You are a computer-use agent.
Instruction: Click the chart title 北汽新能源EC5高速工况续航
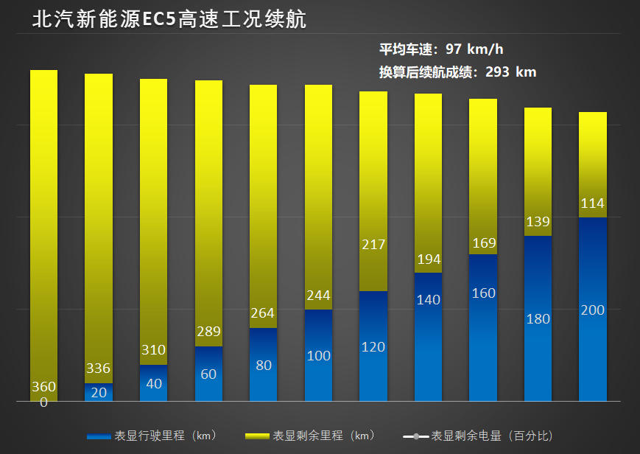point(169,19)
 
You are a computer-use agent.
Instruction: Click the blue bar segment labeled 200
point(592,310)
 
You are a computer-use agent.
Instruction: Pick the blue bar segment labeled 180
point(538,319)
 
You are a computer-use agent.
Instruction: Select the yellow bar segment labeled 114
point(592,164)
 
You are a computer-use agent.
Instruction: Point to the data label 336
point(99,369)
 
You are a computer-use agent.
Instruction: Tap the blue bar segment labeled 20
point(99,393)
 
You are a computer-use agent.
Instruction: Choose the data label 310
point(153,350)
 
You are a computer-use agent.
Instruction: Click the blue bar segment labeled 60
point(208,374)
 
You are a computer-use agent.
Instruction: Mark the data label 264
point(263,313)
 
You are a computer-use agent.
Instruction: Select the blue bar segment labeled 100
point(318,356)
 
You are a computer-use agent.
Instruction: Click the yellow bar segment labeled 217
point(373,192)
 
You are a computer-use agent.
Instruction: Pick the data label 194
point(428,259)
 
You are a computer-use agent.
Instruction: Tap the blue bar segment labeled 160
point(483,328)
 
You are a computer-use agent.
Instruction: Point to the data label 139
point(538,222)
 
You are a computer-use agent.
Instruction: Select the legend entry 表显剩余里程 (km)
point(310,436)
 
